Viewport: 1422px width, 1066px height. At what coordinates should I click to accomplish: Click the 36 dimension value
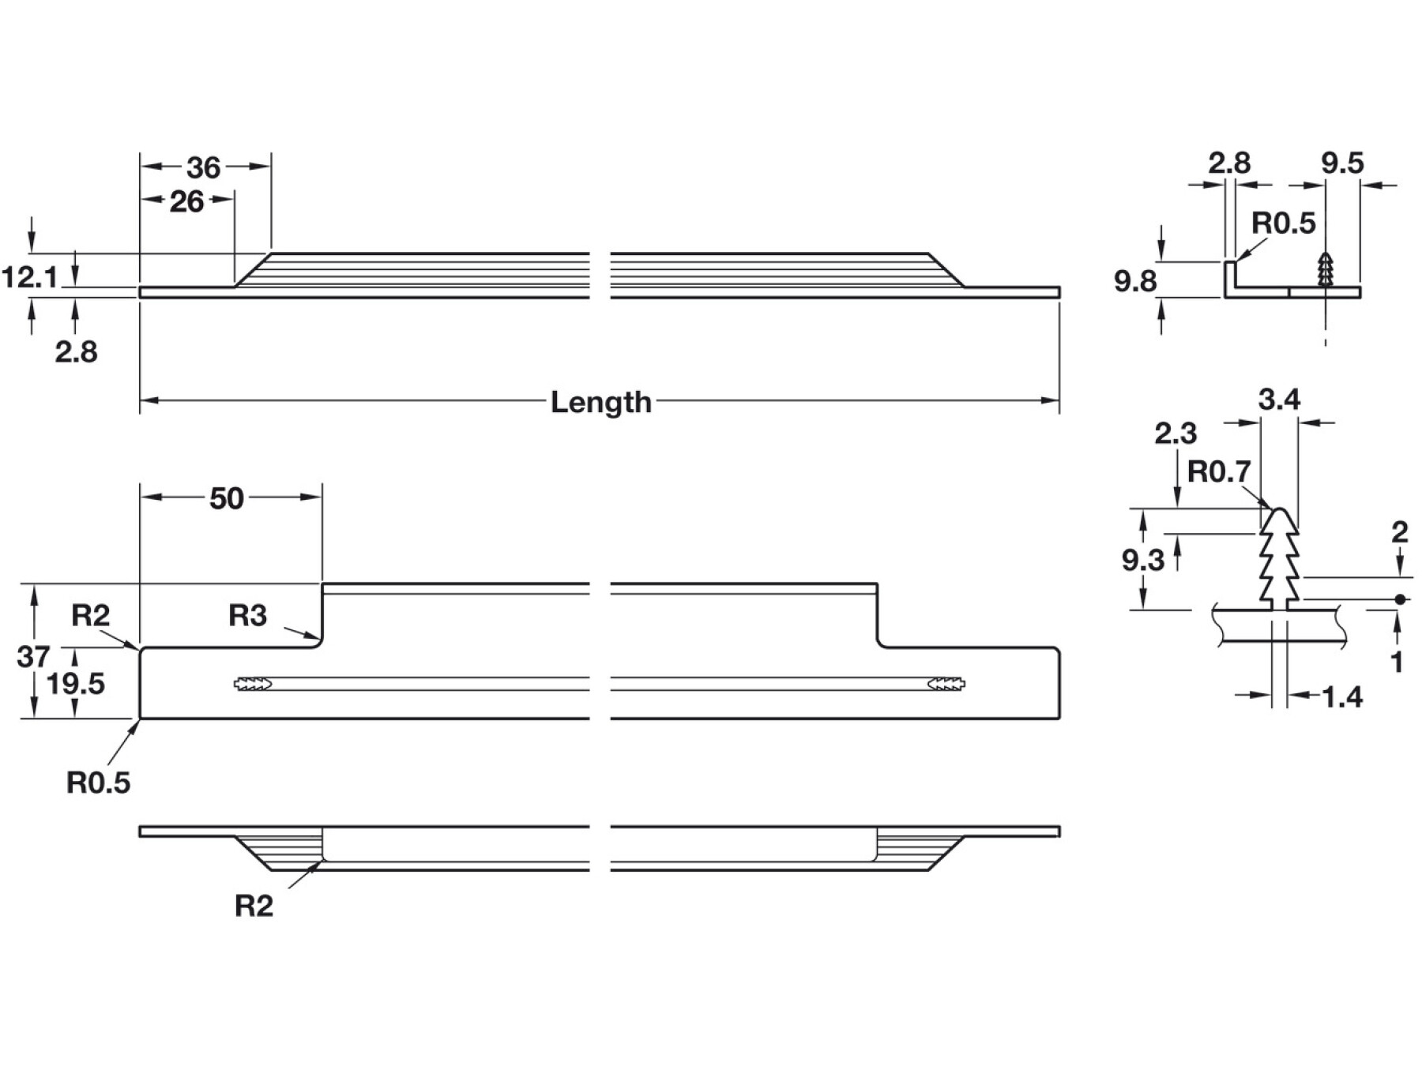point(203,167)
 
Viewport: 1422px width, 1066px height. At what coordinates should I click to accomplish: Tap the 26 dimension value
point(186,201)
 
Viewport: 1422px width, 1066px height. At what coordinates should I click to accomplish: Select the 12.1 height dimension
point(29,277)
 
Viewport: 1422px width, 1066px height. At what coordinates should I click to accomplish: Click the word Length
point(600,402)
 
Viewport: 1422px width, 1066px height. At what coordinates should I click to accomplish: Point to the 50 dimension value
point(226,498)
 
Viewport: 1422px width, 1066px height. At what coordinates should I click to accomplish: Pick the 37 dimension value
point(33,655)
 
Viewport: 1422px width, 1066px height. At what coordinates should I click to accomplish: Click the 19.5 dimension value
point(75,683)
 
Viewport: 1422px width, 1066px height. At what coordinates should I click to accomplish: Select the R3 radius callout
point(248,615)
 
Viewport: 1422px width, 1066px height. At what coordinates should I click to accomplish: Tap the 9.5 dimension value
point(1342,163)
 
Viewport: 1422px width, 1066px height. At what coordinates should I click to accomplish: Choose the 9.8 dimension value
point(1135,280)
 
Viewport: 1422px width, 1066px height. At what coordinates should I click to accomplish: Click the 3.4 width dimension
point(1279,400)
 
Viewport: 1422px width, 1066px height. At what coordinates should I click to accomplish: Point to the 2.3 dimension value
point(1176,433)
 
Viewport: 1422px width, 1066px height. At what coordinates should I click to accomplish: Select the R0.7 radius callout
point(1219,471)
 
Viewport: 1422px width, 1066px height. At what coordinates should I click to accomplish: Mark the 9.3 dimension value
point(1143,560)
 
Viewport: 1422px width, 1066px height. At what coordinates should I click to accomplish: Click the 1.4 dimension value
point(1341,696)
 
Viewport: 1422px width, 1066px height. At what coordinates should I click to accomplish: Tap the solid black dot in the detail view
point(1399,599)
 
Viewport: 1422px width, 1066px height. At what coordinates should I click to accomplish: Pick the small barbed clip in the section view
point(1326,271)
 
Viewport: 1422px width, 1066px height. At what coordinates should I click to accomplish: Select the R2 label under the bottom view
point(254,906)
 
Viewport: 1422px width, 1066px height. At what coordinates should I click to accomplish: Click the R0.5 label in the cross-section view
point(1284,223)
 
